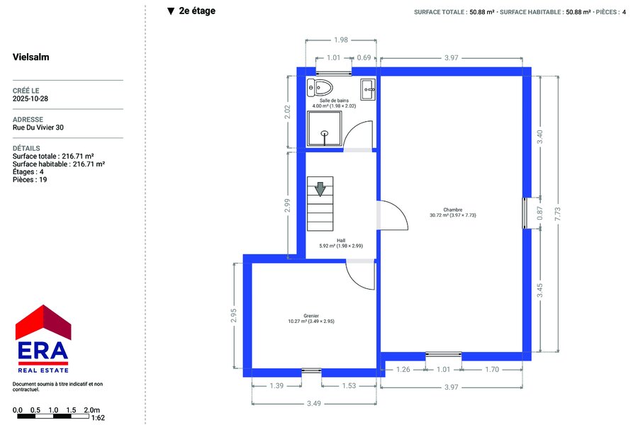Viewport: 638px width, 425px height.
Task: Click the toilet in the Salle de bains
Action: (320, 87)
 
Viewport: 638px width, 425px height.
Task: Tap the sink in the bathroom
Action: (368, 89)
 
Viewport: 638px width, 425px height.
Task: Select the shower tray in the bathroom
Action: (324, 128)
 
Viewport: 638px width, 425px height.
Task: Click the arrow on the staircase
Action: (320, 189)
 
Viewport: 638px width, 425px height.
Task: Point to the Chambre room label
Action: (453, 210)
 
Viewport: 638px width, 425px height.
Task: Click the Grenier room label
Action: (311, 316)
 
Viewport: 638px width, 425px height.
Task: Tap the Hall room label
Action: (341, 240)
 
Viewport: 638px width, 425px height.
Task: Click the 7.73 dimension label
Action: (557, 215)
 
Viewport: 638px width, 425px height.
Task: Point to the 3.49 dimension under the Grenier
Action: (314, 404)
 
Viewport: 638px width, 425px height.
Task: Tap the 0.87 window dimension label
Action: (540, 213)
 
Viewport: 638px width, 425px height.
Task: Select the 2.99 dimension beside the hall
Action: (287, 205)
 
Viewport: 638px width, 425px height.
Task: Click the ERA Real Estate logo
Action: (43, 339)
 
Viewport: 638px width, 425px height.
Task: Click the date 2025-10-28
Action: (30, 98)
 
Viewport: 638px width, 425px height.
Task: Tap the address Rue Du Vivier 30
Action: (38, 127)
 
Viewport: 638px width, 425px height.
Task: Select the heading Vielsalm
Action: (31, 57)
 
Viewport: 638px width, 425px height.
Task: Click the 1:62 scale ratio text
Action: (98, 418)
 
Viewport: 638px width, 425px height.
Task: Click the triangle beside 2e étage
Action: (171, 11)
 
